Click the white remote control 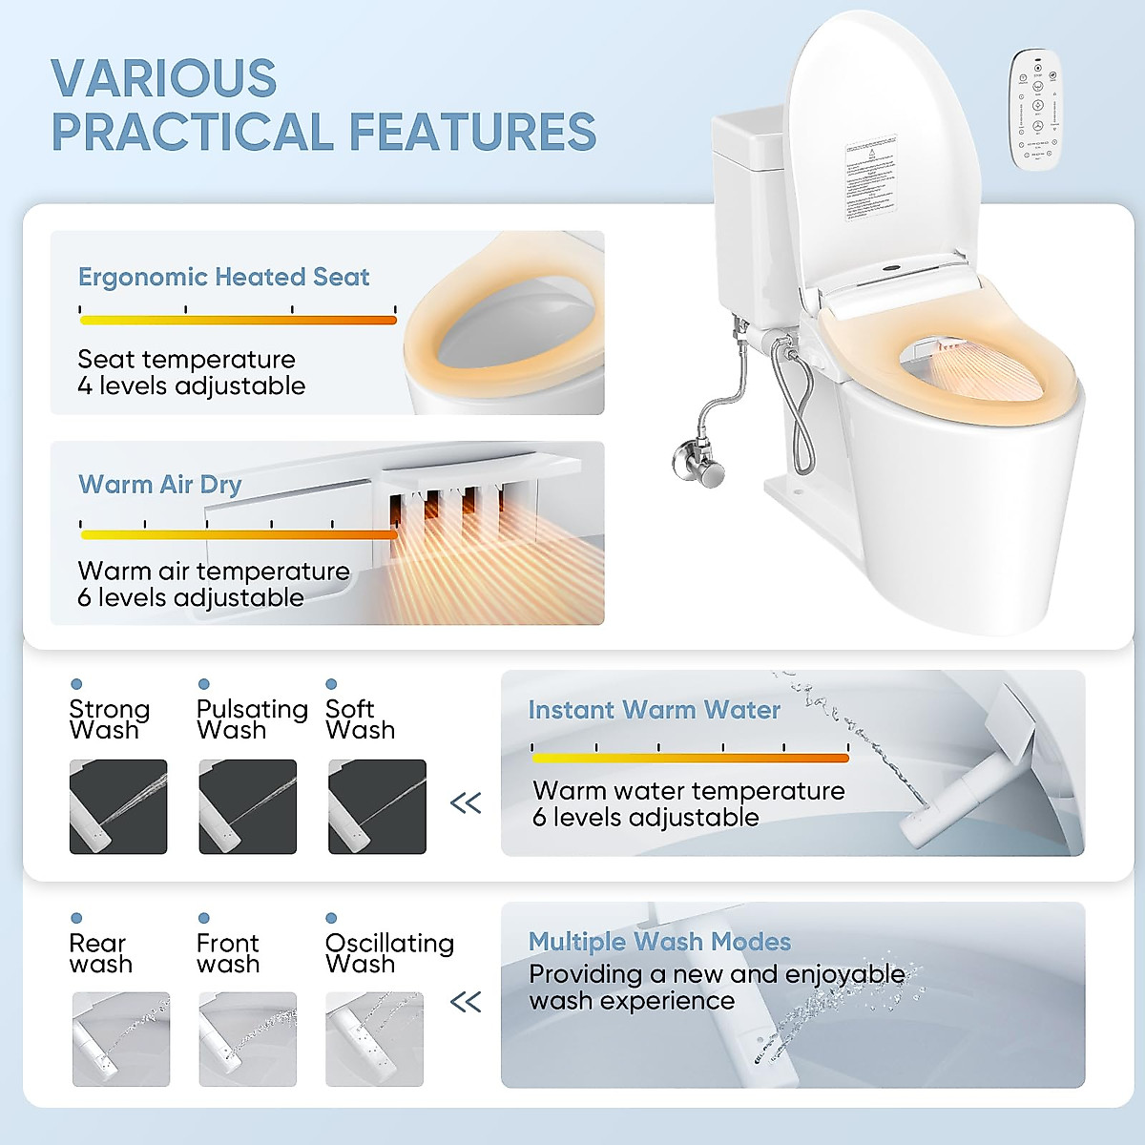pyautogui.click(x=1036, y=111)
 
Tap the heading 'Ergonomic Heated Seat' pyautogui.click(x=223, y=277)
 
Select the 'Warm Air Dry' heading pyautogui.click(x=159, y=485)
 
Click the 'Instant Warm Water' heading pyautogui.click(x=654, y=710)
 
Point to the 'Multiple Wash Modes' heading pyautogui.click(x=659, y=942)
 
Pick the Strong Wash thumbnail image pyautogui.click(x=118, y=806)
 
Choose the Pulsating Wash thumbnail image pyautogui.click(x=247, y=806)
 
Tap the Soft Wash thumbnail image pyautogui.click(x=377, y=806)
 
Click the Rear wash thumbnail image pyautogui.click(x=120, y=1039)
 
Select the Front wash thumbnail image pyautogui.click(x=247, y=1039)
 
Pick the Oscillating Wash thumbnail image pyautogui.click(x=374, y=1039)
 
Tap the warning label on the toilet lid pyautogui.click(x=870, y=178)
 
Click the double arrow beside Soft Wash pyautogui.click(x=466, y=802)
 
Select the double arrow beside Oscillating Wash pyautogui.click(x=466, y=1002)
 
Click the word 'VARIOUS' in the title pyautogui.click(x=163, y=78)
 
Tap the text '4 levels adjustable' pyautogui.click(x=191, y=386)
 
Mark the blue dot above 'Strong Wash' pyautogui.click(x=76, y=684)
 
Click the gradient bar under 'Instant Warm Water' pyautogui.click(x=690, y=758)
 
